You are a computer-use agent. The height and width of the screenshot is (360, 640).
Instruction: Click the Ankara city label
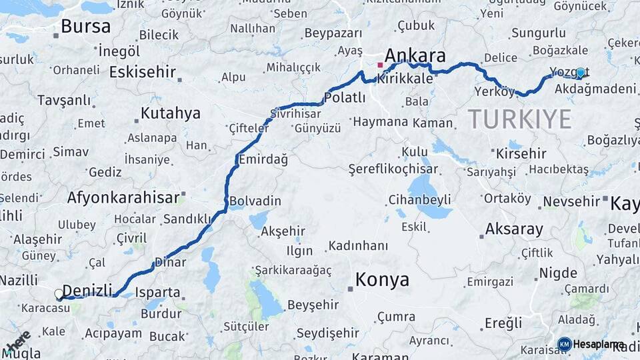[415, 55]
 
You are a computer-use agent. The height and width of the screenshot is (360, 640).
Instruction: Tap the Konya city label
[382, 280]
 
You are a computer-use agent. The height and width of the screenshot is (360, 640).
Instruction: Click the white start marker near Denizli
[59, 293]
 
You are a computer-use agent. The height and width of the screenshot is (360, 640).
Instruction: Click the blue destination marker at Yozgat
[581, 73]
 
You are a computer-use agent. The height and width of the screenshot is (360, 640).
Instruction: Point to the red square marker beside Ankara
[380, 65]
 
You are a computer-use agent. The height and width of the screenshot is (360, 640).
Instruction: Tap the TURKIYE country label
[519, 119]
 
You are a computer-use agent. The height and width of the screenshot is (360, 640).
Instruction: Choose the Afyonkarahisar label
[123, 197]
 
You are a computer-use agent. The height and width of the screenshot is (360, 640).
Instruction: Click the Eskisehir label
[142, 72]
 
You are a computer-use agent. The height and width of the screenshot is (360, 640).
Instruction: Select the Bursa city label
[85, 27]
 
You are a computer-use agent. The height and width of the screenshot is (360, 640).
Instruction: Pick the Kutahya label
[171, 113]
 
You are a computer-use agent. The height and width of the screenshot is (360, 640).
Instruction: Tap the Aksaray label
[514, 229]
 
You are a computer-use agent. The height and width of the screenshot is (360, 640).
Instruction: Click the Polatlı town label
[345, 98]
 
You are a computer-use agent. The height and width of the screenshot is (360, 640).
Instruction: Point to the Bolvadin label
[255, 201]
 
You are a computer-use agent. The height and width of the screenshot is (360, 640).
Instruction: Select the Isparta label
[157, 292]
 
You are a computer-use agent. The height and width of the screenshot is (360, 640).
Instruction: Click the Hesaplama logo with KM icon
[591, 344]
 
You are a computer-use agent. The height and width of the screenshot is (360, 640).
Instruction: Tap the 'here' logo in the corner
[18, 341]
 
